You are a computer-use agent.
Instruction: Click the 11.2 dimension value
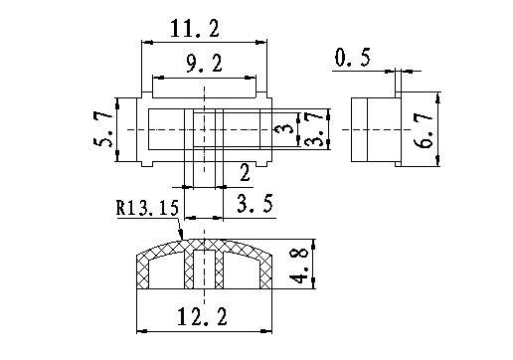tap(195, 29)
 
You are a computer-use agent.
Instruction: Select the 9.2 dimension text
tap(204, 64)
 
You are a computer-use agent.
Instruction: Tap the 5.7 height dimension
tap(103, 129)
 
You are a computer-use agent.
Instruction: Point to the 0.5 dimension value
tap(352, 58)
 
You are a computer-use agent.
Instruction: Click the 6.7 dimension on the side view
tap(424, 130)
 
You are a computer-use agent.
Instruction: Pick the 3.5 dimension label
tap(256, 203)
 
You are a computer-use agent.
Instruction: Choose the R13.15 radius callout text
tap(147, 208)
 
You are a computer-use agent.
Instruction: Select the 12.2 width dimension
tap(202, 317)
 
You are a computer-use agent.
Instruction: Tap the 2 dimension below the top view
tap(245, 173)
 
